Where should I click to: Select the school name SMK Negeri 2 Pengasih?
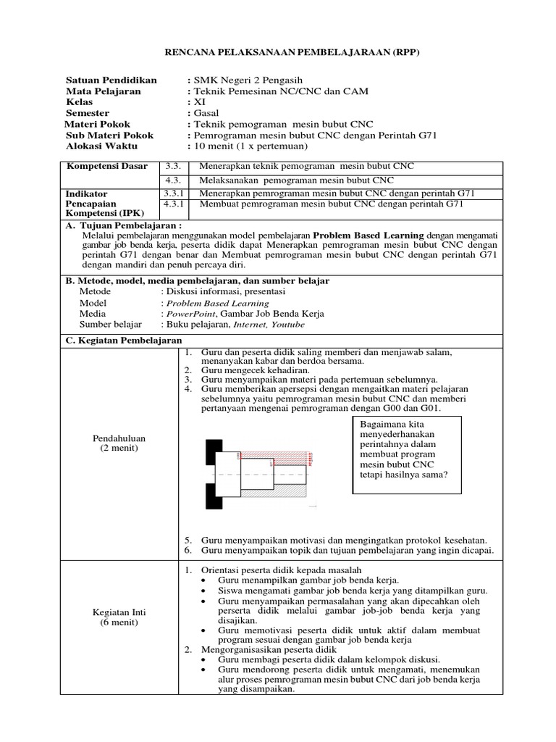point(247,80)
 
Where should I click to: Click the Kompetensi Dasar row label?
point(107,166)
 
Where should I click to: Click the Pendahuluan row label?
point(119,438)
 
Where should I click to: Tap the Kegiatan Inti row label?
point(119,612)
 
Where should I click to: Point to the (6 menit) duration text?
point(119,622)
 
